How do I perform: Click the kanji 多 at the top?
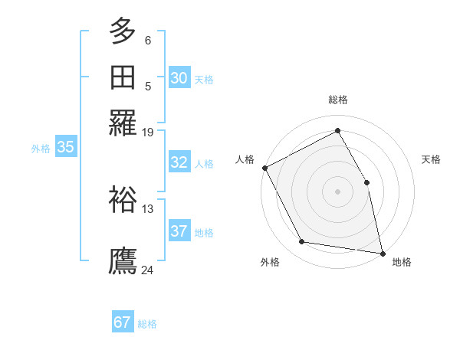[123, 31]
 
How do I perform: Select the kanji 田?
[123, 77]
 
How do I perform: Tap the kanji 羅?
[123, 123]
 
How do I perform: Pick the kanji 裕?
[123, 200]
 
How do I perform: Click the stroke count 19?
[148, 132]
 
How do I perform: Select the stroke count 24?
[148, 270]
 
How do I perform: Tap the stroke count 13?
[148, 208]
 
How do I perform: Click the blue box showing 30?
[179, 78]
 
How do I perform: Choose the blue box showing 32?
[179, 162]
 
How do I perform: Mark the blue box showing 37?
[179, 231]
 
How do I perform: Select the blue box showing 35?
[65, 148]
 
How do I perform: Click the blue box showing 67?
[123, 322]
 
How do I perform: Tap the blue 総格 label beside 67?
[147, 324]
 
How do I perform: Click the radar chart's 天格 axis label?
[431, 159]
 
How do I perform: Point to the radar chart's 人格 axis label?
[245, 159]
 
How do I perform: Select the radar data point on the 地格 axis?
[383, 253]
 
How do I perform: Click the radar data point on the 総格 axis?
[338, 131]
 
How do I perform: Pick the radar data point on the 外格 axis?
[302, 242]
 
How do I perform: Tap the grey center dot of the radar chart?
[338, 191]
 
